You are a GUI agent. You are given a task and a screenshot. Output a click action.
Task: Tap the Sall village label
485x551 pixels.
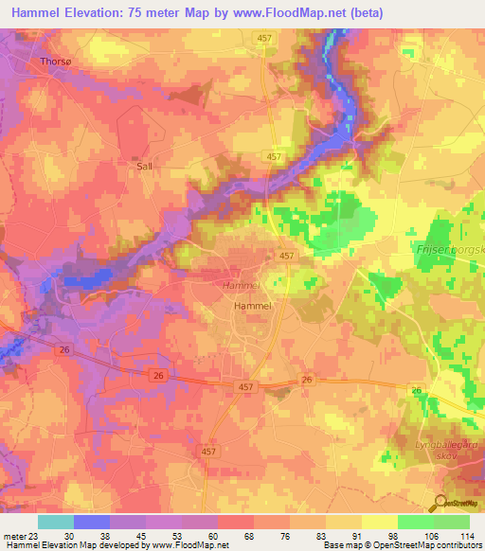point(144,165)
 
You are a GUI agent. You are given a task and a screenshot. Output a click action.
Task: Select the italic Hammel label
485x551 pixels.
point(240,285)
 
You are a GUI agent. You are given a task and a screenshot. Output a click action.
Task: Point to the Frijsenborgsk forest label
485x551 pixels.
point(449,251)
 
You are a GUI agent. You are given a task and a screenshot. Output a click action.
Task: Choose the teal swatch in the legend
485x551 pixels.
point(55,522)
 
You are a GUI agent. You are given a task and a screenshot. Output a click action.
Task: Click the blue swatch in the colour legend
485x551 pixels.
point(92,522)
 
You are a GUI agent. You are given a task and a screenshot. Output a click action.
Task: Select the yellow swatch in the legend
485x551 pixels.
point(380,522)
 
